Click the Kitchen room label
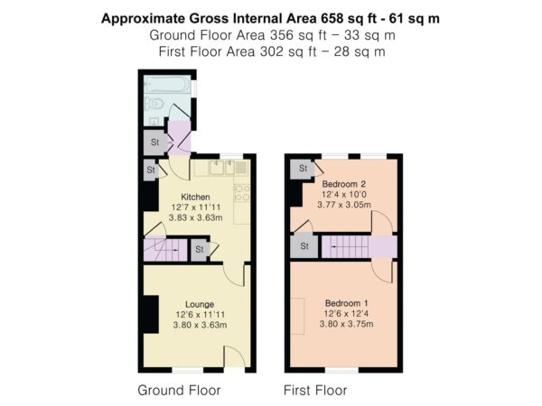[x=195, y=197]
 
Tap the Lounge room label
[x=200, y=305]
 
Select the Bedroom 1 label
[x=346, y=303]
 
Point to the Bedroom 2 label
[x=343, y=184]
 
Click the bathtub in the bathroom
[x=167, y=85]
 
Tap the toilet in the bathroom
[x=154, y=104]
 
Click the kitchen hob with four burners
[x=242, y=193]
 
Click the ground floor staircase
[x=165, y=249]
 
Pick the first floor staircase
[x=345, y=246]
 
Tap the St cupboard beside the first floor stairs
[x=304, y=246]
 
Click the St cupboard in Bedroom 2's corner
[x=303, y=169]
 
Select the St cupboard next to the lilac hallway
[x=155, y=142]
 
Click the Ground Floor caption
[x=179, y=391]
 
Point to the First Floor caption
[x=315, y=391]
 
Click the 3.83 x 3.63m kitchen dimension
[x=196, y=217]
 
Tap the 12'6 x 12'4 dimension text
[x=346, y=314]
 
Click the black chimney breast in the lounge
[x=151, y=315]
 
